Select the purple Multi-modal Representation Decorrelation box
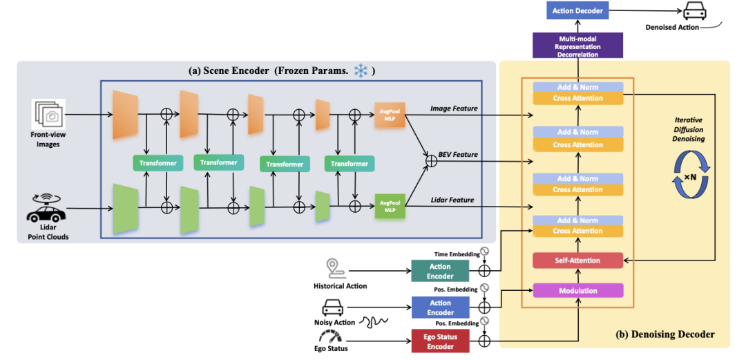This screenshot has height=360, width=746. coord(578,46)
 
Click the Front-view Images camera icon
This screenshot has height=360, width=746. coord(48,114)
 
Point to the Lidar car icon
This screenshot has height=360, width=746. coord(46,208)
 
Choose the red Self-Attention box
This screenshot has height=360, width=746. coord(577,260)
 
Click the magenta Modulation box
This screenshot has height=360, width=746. coord(577,290)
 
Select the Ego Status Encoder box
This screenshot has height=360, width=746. coord(440,342)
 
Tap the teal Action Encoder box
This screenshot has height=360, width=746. coord(440,270)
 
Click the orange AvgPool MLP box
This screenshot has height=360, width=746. coord(389,115)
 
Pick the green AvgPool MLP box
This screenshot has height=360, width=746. coord(389,206)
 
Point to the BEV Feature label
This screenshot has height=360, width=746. coord(459,155)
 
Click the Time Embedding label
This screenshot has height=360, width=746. coord(456,255)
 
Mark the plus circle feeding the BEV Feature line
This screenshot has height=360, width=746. coord(431,161)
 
